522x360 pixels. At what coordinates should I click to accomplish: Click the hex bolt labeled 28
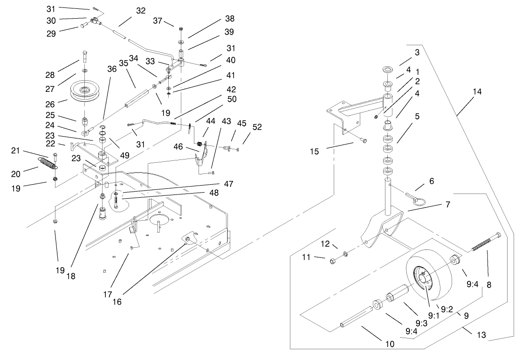coord(84,56)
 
